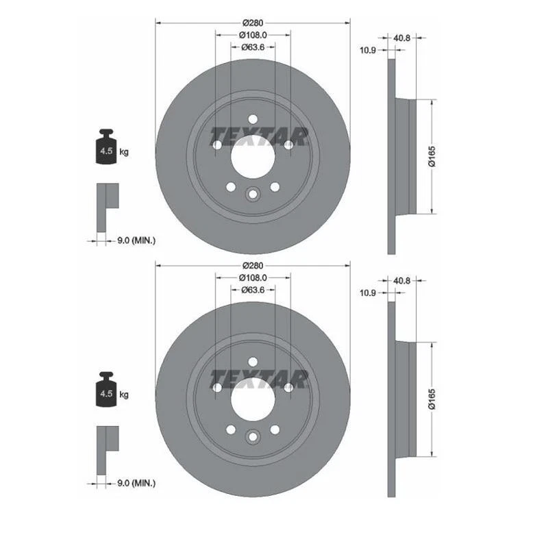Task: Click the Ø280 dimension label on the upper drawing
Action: coord(252,23)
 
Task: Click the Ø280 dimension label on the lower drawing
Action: coord(252,265)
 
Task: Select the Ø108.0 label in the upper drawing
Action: coord(252,35)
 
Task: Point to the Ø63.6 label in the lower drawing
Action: coord(252,290)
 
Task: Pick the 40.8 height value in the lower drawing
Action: coord(402,280)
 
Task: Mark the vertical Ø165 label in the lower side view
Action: coord(432,399)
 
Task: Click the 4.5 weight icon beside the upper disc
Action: coord(105,147)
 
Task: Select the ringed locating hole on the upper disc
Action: coord(252,195)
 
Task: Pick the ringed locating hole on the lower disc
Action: coord(252,438)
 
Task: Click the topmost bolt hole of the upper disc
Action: coord(252,118)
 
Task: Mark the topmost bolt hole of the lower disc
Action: coord(252,361)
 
